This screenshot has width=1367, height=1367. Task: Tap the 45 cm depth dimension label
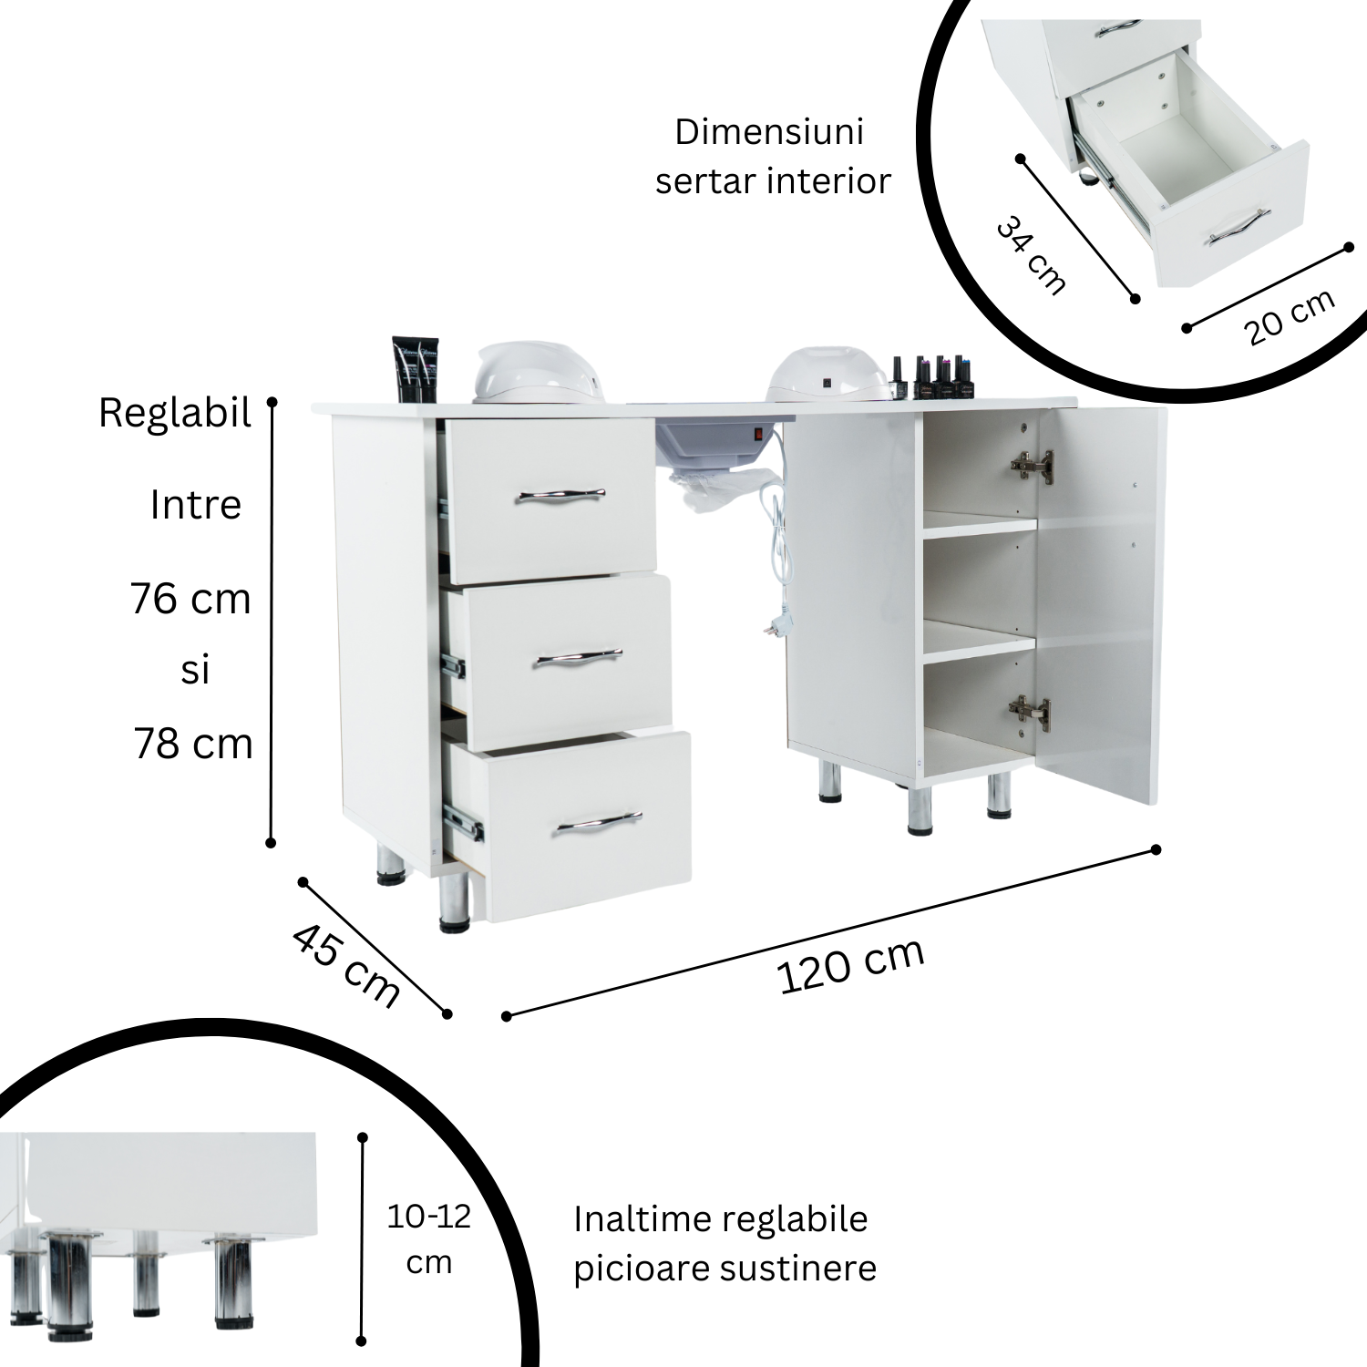[346, 965]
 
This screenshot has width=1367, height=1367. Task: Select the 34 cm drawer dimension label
[1031, 254]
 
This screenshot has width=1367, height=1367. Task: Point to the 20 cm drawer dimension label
[1290, 316]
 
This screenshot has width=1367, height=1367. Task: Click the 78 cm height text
[192, 744]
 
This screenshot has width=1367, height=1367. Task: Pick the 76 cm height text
[190, 599]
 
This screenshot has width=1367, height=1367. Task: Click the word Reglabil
[175, 414]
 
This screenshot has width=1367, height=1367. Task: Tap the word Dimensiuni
[769, 132]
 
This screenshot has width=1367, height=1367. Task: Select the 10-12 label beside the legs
[429, 1217]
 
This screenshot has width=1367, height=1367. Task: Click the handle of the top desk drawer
[561, 496]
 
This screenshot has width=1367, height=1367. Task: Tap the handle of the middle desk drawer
[578, 657]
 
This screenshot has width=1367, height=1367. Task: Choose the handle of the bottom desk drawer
[597, 823]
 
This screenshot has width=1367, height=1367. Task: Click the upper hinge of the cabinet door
[1033, 466]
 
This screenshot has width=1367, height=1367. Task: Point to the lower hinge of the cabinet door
[1029, 712]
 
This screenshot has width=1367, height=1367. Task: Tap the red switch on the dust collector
[755, 435]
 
